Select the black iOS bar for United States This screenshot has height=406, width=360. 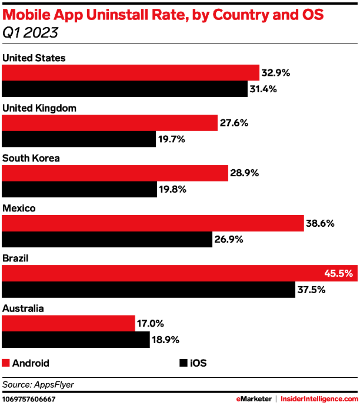[125, 89]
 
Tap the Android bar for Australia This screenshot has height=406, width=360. [69, 323]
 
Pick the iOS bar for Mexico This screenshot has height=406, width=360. [107, 240]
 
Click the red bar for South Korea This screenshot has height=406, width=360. [115, 173]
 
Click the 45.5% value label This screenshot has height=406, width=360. [338, 273]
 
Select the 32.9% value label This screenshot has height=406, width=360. [276, 73]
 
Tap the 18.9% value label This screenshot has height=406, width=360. [166, 340]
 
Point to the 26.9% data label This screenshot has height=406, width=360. [229, 240]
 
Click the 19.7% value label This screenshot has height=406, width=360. [172, 139]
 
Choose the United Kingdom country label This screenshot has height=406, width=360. [39, 108]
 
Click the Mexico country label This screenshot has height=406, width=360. [19, 208]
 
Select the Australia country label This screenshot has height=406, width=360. [23, 308]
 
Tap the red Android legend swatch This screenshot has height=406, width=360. [6, 363]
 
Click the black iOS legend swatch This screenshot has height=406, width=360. [182, 363]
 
